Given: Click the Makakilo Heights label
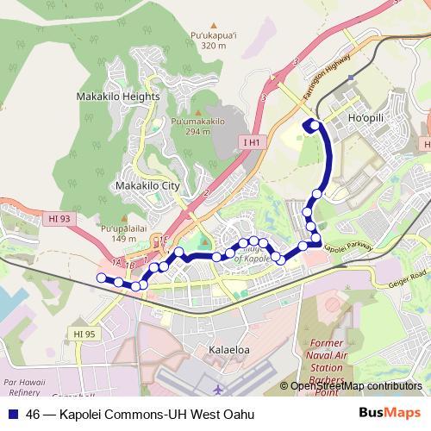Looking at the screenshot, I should [118, 97].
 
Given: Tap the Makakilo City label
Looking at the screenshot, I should [147, 185].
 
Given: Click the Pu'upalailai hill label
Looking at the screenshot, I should [119, 228].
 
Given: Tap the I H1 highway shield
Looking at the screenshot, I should [252, 141].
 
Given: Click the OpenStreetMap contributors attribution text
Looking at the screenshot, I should [356, 386].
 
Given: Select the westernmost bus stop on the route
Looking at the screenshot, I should [101, 277].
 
